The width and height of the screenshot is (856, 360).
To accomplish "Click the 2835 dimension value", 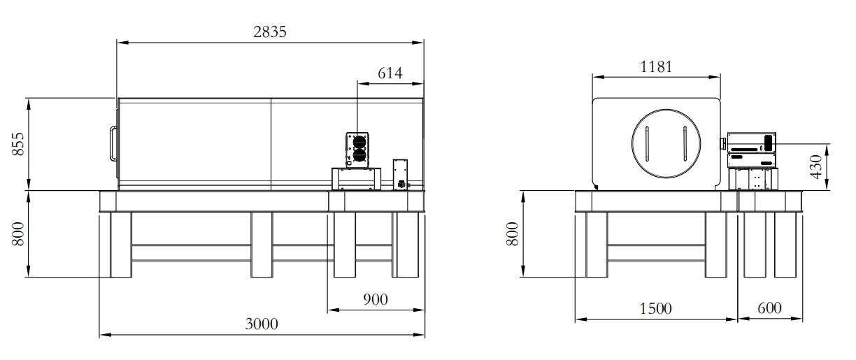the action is point(270,31).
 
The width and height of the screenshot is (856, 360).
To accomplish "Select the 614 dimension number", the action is point(390,73).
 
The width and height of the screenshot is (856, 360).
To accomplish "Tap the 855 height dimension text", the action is point(18,144).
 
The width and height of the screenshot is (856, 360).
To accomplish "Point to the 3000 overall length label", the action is point(262,324).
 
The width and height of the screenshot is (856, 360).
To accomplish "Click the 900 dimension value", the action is point(376,299).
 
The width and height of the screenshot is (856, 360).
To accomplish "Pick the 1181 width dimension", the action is point(656,67).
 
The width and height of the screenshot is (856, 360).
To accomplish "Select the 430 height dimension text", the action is point(816,166).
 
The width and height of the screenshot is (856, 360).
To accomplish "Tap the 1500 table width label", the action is point(655,308).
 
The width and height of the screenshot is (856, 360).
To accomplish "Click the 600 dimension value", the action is point(769,308).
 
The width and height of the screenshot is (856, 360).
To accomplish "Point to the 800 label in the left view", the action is point(18,234).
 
